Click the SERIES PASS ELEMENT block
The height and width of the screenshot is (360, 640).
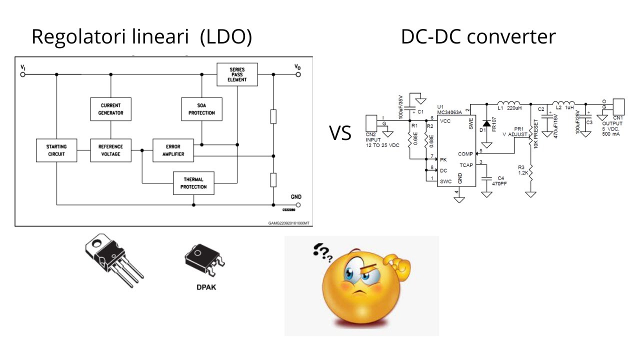(x=237, y=74)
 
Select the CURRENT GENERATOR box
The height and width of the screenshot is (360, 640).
(x=111, y=109)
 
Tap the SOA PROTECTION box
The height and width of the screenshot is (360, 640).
(x=201, y=109)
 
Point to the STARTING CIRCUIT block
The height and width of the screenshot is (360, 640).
(x=56, y=150)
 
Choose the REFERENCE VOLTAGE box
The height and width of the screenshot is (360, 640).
(x=111, y=150)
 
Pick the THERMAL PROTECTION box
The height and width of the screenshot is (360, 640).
(x=193, y=183)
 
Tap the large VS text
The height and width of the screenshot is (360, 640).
(x=340, y=133)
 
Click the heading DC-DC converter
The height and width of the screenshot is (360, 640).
(x=478, y=37)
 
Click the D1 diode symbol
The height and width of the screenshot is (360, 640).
(x=485, y=123)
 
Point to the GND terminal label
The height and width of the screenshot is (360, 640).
(x=296, y=196)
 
